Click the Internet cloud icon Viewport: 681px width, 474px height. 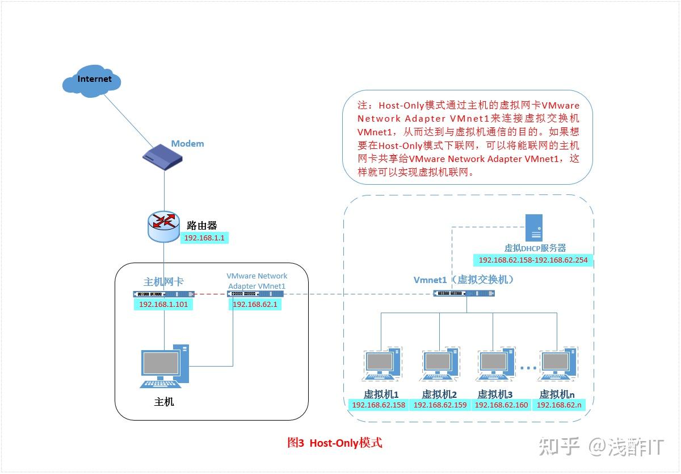(x=92, y=81)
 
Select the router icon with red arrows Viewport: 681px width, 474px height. (x=163, y=226)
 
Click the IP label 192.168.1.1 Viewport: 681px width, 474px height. (x=205, y=239)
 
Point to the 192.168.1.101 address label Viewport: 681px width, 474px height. (x=163, y=305)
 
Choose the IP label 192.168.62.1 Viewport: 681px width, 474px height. (x=255, y=305)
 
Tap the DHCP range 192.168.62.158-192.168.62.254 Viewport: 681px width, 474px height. (x=533, y=260)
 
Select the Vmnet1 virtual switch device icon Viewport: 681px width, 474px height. (x=464, y=293)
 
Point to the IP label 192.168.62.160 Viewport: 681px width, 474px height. (x=501, y=405)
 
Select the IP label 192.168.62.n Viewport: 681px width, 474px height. (x=560, y=405)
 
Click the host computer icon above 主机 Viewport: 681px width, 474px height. (x=165, y=367)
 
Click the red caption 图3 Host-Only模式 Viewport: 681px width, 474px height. (x=335, y=443)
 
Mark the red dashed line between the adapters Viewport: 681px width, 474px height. (x=210, y=294)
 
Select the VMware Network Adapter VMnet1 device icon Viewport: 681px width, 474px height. (x=255, y=294)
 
